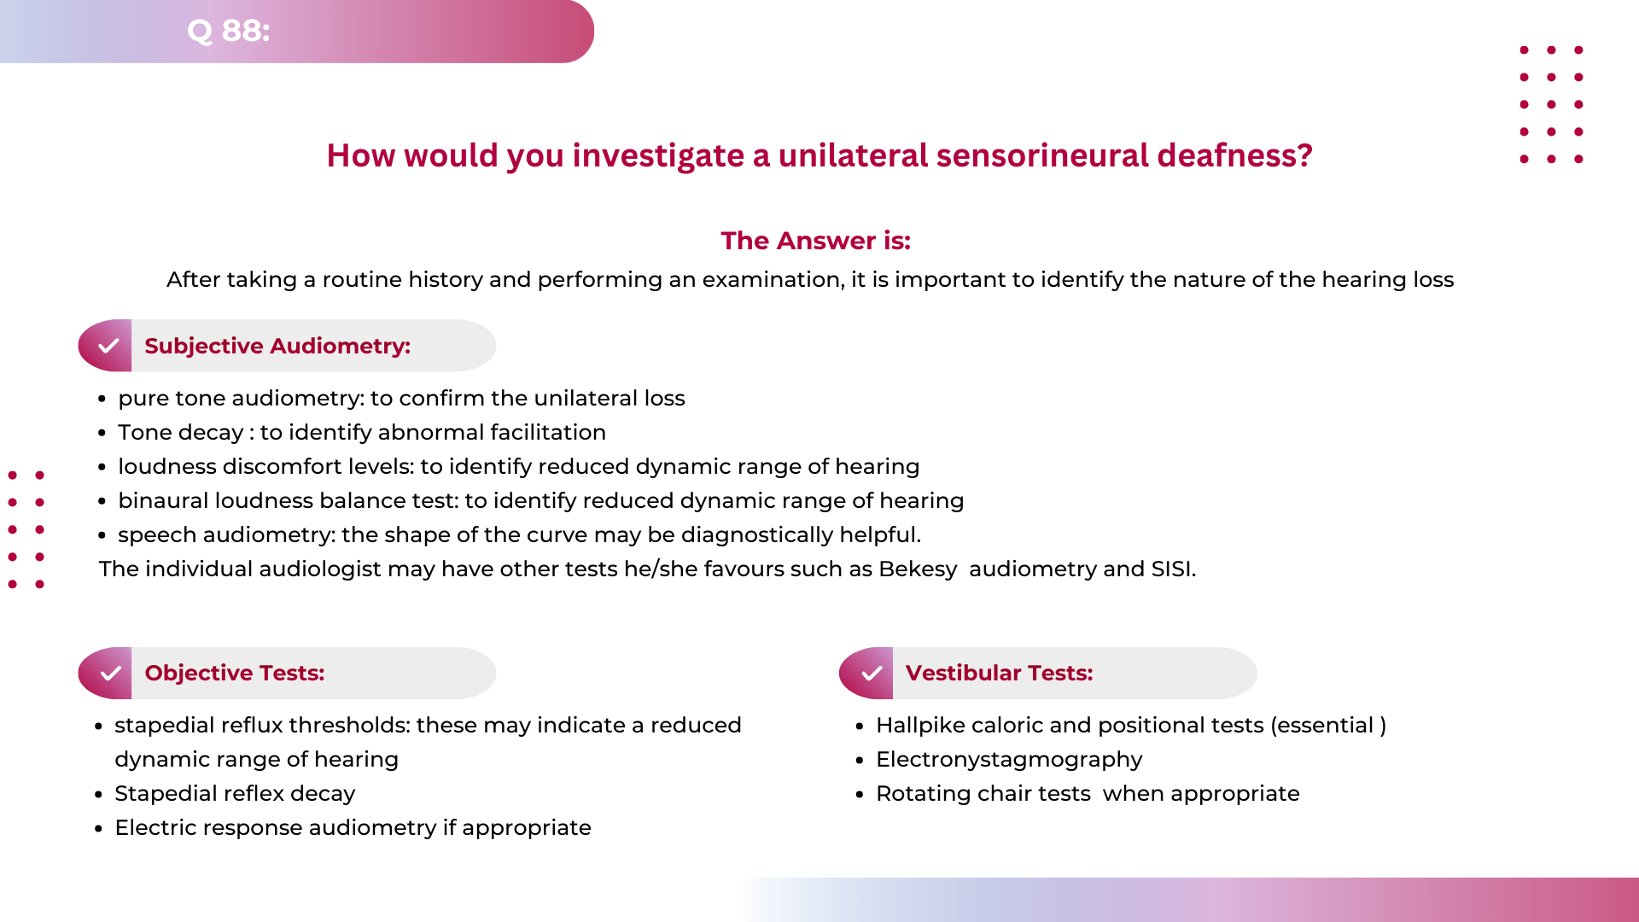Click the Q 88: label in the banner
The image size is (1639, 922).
click(x=228, y=31)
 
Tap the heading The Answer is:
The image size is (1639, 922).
click(x=815, y=241)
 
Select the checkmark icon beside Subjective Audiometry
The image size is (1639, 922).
click(x=108, y=346)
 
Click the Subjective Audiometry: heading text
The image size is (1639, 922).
click(x=277, y=346)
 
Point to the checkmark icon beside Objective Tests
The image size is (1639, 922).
click(x=110, y=674)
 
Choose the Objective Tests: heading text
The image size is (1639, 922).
click(x=235, y=673)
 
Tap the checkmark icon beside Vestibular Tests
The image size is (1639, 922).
click(x=872, y=674)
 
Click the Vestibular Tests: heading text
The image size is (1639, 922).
click(x=999, y=673)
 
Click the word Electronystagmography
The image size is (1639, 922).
click(x=1009, y=760)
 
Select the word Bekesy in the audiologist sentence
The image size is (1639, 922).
click(x=918, y=569)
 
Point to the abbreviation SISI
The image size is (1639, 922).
click(x=1172, y=569)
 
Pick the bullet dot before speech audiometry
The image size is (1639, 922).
click(x=102, y=536)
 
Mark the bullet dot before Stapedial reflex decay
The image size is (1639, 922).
click(x=99, y=795)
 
